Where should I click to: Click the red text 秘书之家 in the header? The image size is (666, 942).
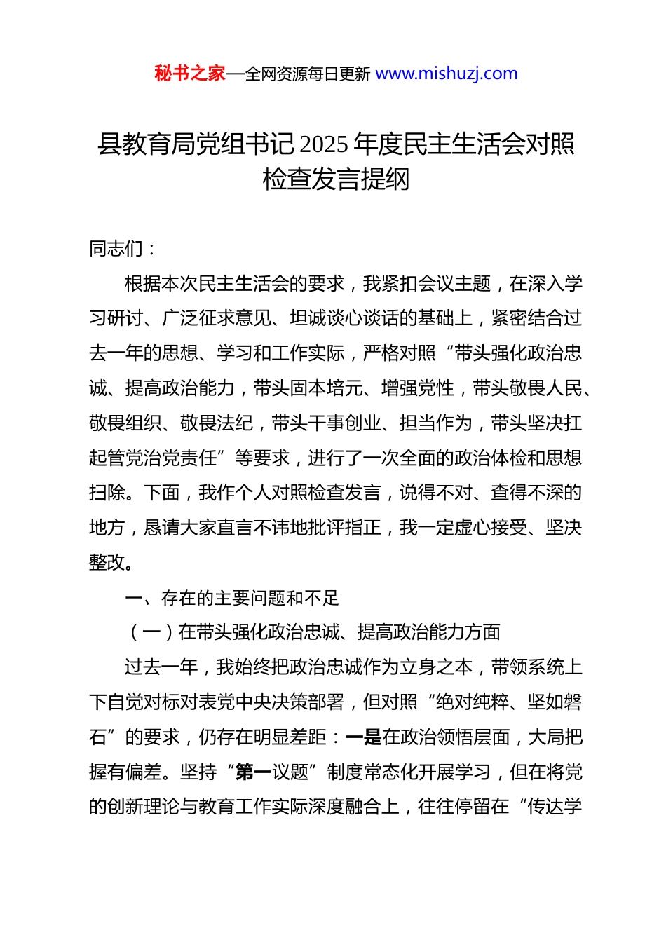click(189, 74)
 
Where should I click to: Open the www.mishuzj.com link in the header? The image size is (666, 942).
click(447, 74)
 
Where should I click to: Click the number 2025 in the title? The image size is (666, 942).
click(323, 144)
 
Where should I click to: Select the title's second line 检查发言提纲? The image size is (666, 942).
click(336, 179)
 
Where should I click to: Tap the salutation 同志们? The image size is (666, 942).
click(116, 249)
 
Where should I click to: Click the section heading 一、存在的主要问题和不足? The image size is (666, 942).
click(231, 598)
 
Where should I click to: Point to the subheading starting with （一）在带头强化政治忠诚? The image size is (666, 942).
click(313, 632)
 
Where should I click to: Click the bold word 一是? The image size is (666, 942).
click(363, 737)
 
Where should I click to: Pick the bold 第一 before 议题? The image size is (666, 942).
click(254, 772)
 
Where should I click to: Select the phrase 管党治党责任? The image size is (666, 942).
click(162, 458)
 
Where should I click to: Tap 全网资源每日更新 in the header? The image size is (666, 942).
click(308, 74)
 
